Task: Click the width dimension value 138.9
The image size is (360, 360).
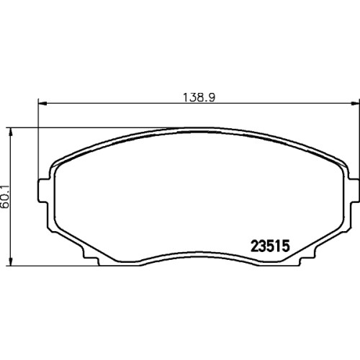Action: coord(199,97)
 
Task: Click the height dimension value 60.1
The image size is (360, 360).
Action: coord(5,197)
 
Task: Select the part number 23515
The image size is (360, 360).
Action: coord(270,246)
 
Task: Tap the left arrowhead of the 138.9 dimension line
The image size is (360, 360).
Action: coord(42,104)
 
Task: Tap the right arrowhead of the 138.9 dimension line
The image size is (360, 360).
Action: coord(354,104)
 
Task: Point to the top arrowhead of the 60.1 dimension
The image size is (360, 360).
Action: coord(10,132)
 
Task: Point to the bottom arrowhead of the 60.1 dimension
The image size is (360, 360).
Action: coord(10,261)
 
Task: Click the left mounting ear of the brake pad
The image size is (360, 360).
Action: coord(42,191)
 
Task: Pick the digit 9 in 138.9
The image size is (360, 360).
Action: coord(211,97)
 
